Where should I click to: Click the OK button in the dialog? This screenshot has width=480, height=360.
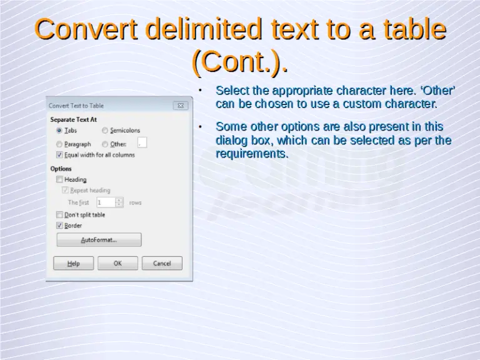coord(117,263)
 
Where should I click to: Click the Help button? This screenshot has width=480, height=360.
coord(74,263)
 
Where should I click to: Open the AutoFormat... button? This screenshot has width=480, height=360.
coord(99,240)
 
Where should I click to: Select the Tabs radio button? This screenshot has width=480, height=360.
coord(59,131)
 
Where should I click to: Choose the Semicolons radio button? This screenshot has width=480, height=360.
coord(105,131)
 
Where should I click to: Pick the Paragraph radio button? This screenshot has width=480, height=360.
coord(59,144)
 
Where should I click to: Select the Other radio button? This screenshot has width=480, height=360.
coord(105,144)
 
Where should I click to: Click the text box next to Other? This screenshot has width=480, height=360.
coord(142,144)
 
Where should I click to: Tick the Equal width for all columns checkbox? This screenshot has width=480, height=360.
coord(59,155)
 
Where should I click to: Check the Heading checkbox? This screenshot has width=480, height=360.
coord(59,179)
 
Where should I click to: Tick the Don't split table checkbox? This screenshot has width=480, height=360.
coord(59,214)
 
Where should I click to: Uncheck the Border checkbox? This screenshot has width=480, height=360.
coord(59,225)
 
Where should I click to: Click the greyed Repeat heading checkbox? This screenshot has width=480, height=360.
coord(65,190)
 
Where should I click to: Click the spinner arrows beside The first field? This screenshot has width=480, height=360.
coord(119,202)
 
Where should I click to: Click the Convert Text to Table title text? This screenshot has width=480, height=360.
coord(76,106)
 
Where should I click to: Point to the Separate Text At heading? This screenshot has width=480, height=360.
coord(73,119)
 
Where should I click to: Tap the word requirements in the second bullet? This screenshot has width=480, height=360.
coord(252,154)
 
